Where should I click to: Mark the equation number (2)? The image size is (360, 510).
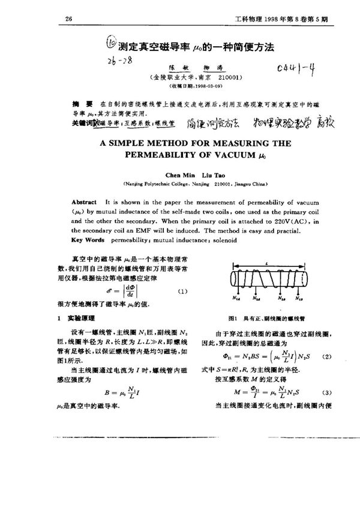point(327,356)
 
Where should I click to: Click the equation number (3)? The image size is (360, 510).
point(327,394)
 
